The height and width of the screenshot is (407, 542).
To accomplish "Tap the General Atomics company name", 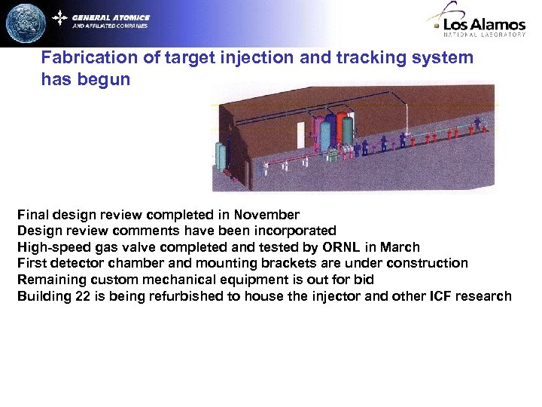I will tap(111, 17).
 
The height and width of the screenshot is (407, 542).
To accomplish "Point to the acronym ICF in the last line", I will tap(443, 295).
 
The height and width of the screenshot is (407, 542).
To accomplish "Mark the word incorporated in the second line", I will tap(300, 231).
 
